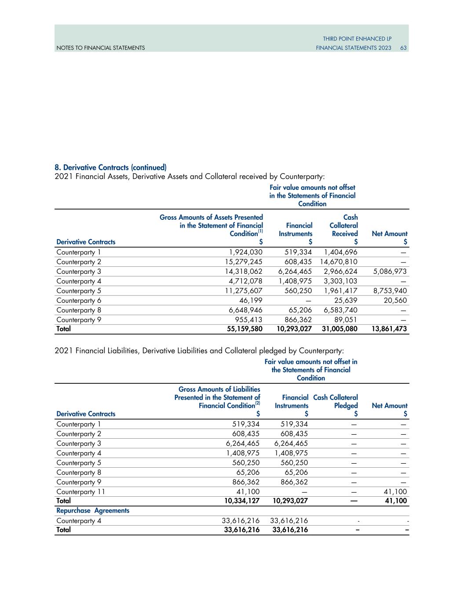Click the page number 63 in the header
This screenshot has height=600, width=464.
coord(403,47)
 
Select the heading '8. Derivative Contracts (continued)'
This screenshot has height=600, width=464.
coord(110,167)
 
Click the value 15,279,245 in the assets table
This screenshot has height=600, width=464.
coord(244,262)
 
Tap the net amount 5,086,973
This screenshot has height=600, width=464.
coord(389,272)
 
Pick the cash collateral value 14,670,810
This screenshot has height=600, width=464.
coord(338,262)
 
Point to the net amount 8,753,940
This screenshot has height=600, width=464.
coord(389,291)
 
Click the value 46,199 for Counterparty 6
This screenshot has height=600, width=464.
coord(252,301)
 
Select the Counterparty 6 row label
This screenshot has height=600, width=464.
coord(79,301)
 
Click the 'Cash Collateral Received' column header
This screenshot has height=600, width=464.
coord(343,225)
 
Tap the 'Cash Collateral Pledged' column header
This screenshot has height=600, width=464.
coord(336,401)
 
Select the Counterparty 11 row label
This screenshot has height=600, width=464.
coord(80,492)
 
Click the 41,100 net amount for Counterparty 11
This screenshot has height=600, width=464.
coord(396,492)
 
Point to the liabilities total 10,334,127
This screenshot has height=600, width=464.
coord(241,501)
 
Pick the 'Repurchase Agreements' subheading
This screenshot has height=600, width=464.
coord(93,511)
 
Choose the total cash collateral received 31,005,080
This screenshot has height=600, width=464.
coord(337,329)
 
